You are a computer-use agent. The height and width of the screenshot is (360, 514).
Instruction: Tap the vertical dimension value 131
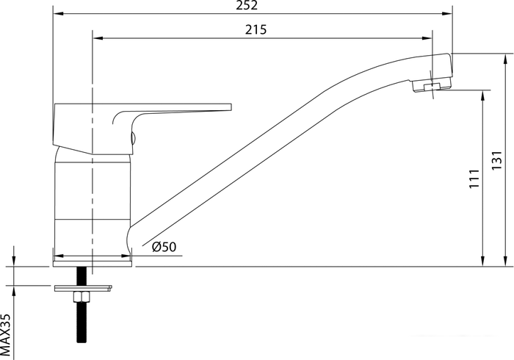[x=496, y=162]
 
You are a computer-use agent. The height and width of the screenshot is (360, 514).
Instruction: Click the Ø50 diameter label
[x=164, y=248]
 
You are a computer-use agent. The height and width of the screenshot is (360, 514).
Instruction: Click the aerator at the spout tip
[x=432, y=88]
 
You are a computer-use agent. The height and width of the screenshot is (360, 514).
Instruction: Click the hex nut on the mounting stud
[x=80, y=296]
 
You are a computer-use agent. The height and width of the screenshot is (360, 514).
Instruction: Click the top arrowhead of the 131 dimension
[x=506, y=56]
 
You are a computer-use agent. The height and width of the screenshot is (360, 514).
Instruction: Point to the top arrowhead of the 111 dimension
[x=482, y=94]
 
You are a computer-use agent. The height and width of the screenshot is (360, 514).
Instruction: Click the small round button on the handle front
[x=133, y=137]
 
